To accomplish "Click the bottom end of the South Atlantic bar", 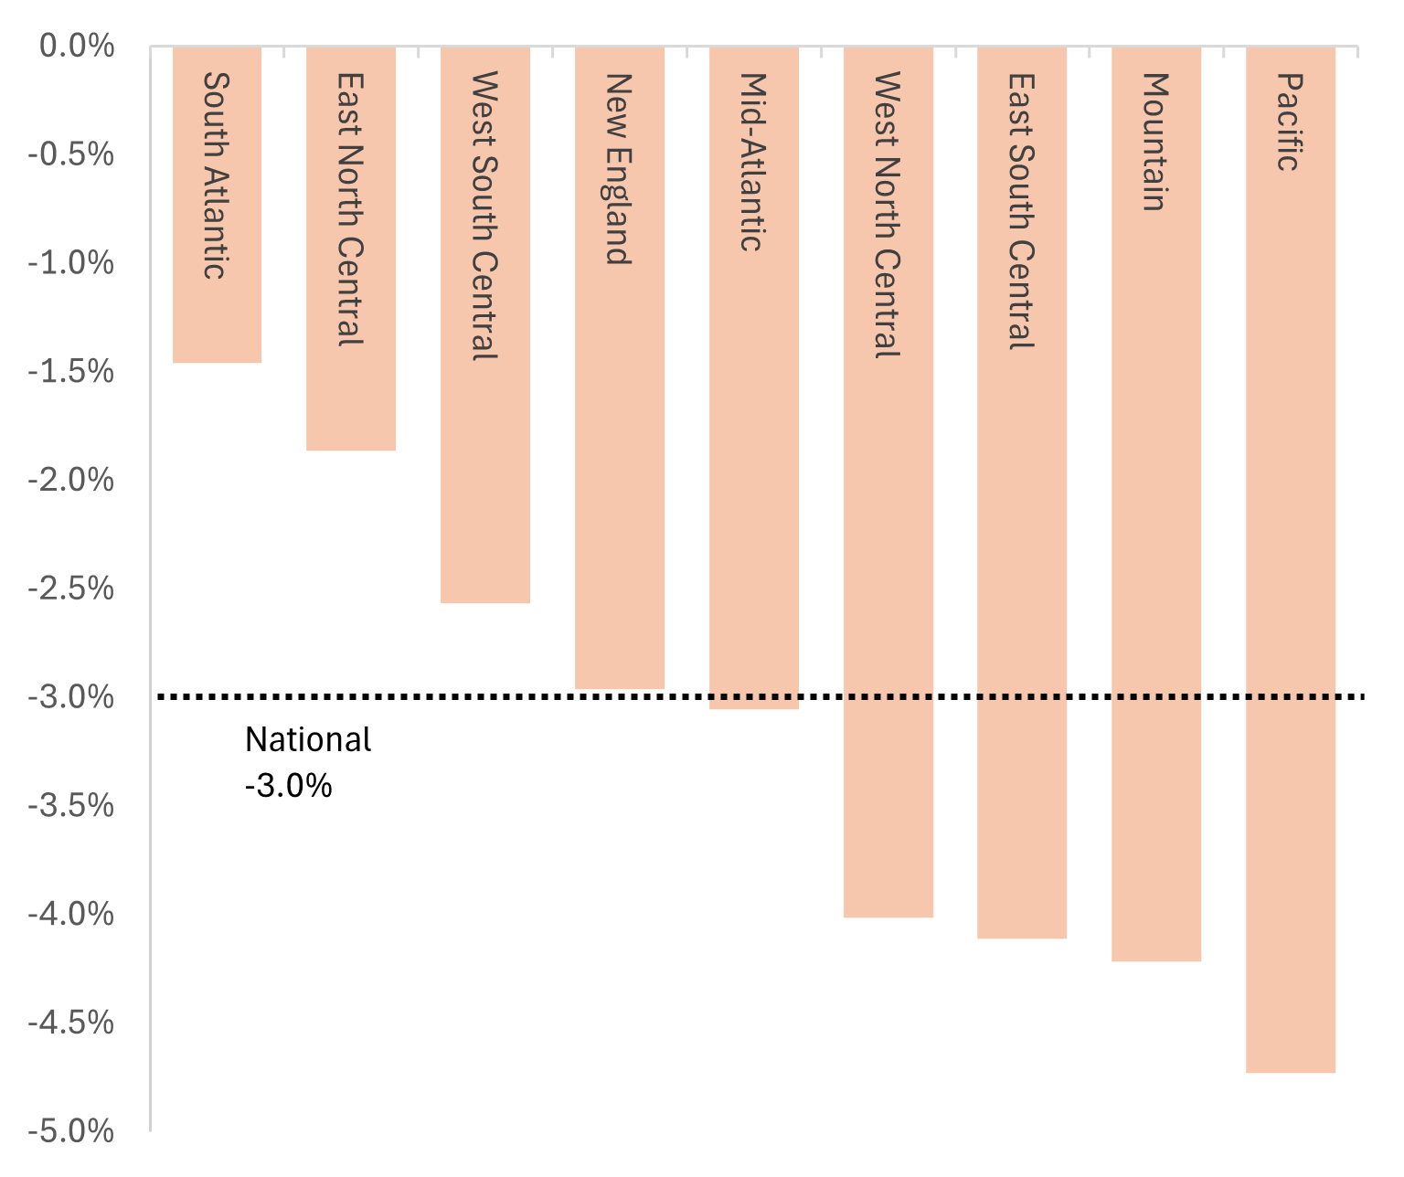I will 217,362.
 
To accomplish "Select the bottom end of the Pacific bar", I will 1291,1071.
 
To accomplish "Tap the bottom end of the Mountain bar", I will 1156,960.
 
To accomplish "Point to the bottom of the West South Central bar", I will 485,601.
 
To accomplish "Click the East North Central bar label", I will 350,209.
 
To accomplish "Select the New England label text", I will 619,169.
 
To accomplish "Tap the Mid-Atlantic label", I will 752,162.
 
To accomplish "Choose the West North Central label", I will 888,215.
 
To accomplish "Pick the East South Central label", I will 1021,211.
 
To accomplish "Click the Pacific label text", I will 1289,122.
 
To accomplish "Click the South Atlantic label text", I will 216,175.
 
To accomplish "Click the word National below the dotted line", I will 308,739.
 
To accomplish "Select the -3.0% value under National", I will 289,785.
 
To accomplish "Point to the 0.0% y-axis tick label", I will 77,46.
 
